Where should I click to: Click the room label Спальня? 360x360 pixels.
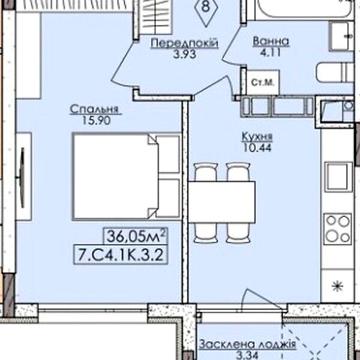tap(94, 110)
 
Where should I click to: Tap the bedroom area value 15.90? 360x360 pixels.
tap(96, 121)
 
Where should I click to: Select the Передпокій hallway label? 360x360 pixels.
tap(184, 43)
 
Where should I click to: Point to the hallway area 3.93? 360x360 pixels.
tap(184, 54)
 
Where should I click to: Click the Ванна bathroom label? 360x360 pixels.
tap(271, 42)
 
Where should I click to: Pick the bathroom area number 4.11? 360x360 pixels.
tap(270, 52)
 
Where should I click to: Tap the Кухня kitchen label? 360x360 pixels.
tap(257, 137)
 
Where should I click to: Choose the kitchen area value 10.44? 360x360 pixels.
tap(257, 147)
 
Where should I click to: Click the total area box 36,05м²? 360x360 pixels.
tap(136, 237)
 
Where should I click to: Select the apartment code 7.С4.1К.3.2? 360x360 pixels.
tap(120, 255)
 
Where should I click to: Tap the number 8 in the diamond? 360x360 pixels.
tap(206, 7)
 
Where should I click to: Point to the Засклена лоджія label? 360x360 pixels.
tap(247, 345)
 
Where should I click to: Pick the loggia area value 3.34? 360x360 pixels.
tap(247, 355)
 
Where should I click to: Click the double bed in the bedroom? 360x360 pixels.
tap(127, 176)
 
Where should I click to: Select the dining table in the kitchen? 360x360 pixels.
tap(222, 202)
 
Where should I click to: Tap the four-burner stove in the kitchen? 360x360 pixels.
tap(338, 229)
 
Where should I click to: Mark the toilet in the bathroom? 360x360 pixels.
tap(335, 73)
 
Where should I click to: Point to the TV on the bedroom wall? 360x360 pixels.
tap(22, 177)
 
